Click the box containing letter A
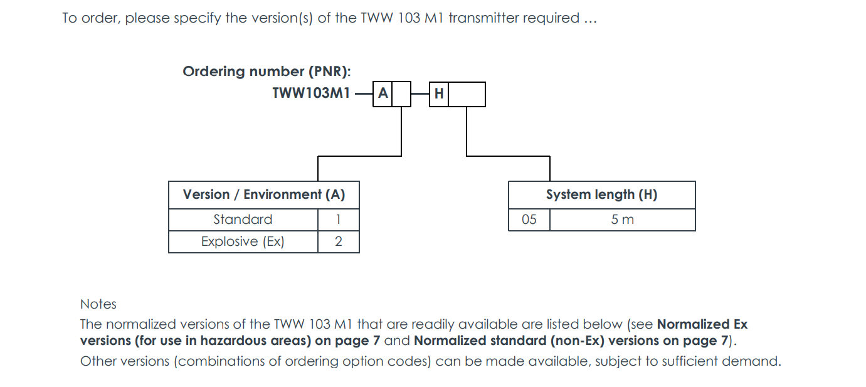(x=383, y=95)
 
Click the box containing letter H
(x=439, y=95)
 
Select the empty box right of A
(x=401, y=95)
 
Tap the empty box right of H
(x=467, y=95)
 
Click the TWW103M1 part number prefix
(x=311, y=94)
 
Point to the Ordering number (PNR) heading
(x=267, y=72)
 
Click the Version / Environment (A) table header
(x=264, y=194)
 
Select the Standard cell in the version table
(x=243, y=220)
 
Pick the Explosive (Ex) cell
(x=243, y=241)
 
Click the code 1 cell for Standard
(x=338, y=220)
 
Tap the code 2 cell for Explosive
(x=338, y=241)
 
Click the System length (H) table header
(x=601, y=194)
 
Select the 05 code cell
(x=529, y=220)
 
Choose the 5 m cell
(x=623, y=220)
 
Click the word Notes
(x=98, y=304)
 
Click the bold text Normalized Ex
(x=702, y=324)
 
